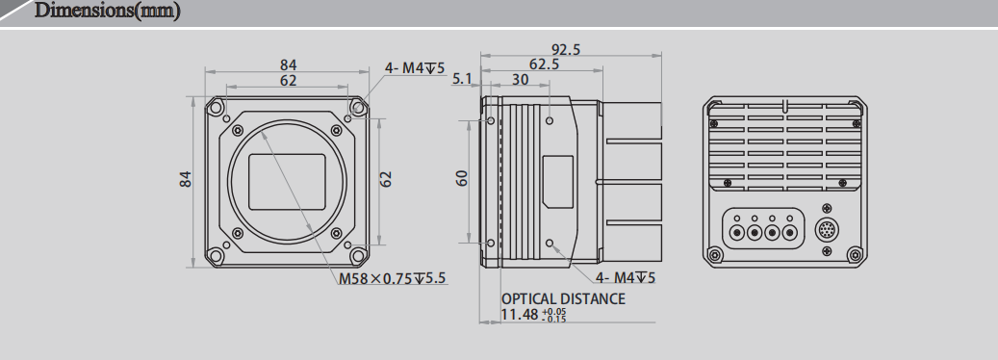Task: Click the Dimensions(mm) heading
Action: click(107, 13)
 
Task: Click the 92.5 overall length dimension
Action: click(566, 50)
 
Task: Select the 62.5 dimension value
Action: click(544, 64)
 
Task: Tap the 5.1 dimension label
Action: click(462, 79)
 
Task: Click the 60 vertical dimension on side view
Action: click(461, 178)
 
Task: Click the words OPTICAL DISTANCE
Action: click(563, 298)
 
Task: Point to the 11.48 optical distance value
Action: click(520, 315)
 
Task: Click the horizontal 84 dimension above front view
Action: click(289, 64)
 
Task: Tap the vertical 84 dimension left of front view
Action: click(187, 179)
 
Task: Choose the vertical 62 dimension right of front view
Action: click(386, 179)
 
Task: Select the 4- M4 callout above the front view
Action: click(414, 67)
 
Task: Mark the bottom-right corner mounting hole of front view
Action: click(359, 255)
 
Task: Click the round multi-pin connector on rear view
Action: click(827, 231)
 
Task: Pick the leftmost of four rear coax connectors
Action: click(738, 232)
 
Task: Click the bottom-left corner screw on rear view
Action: click(713, 254)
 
